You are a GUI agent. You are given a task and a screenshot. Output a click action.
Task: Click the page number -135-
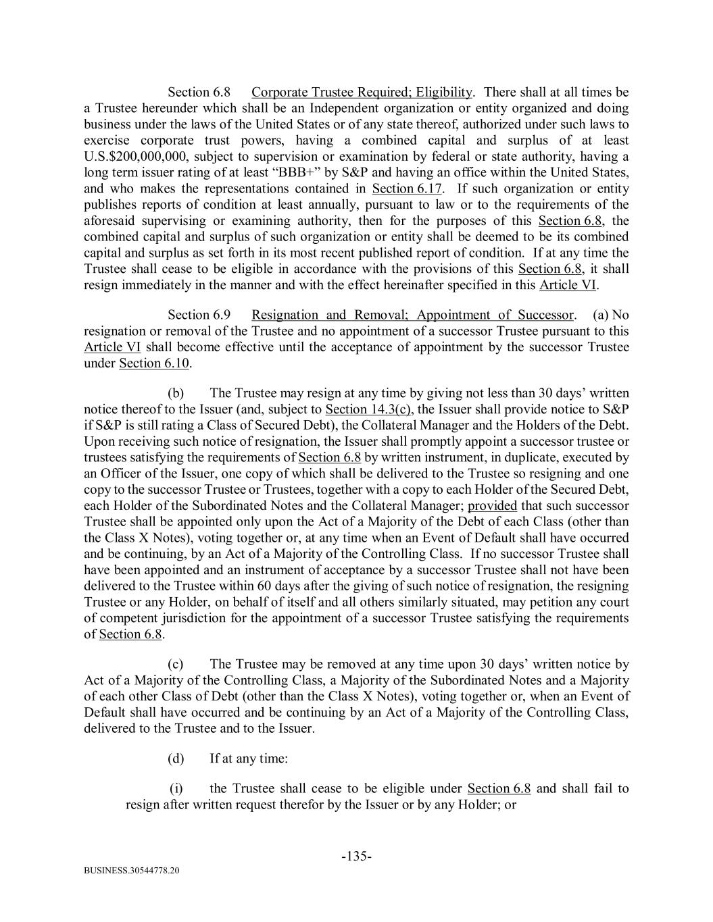(x=356, y=856)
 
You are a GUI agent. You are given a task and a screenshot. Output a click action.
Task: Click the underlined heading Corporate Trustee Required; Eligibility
(x=362, y=92)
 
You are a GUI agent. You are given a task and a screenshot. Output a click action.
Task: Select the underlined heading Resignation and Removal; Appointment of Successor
(x=412, y=315)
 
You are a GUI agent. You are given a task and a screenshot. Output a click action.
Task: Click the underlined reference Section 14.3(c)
(x=368, y=409)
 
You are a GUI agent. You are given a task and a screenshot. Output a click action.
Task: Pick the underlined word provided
(x=492, y=506)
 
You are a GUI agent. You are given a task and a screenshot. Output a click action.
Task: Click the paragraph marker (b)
(x=176, y=393)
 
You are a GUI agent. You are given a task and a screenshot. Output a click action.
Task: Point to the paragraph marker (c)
(x=176, y=664)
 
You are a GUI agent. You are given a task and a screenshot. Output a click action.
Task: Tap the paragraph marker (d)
(x=176, y=759)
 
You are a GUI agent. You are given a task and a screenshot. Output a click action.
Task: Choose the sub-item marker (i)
(x=176, y=789)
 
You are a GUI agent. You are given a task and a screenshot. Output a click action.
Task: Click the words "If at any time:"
(x=249, y=759)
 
